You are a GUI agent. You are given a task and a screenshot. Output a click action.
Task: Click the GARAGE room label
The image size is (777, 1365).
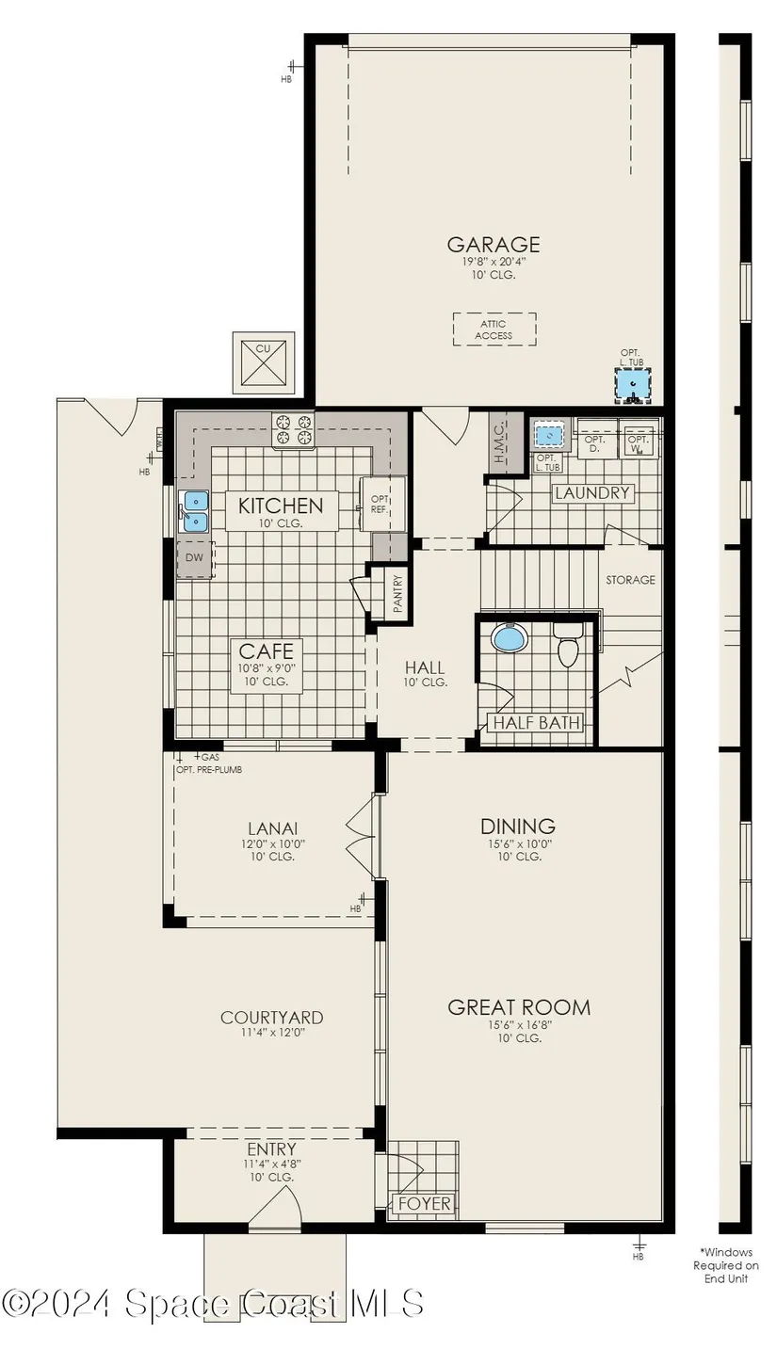pos(494,245)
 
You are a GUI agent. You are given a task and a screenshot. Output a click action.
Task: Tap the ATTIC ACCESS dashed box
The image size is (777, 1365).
pos(494,329)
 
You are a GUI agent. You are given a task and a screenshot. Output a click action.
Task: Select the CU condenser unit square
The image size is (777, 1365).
pos(263,363)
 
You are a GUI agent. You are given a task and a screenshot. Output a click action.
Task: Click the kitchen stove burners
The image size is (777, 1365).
pos(293,429)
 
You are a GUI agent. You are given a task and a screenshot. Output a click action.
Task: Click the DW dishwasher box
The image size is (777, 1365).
pos(195,557)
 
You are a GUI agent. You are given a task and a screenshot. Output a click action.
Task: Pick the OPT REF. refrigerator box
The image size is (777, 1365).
pos(382,504)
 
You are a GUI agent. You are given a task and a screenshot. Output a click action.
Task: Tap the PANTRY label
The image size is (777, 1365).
pos(397,594)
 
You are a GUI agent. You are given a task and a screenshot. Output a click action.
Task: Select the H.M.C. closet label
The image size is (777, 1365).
pos(499,442)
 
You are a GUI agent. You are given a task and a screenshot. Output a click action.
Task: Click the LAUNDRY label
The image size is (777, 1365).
pos(592,492)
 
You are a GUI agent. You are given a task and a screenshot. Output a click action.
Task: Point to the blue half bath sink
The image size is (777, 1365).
pos(510,638)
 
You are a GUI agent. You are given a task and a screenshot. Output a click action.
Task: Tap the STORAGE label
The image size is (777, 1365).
pos(631,580)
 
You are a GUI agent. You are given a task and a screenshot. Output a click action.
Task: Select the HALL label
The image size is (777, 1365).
pos(425,667)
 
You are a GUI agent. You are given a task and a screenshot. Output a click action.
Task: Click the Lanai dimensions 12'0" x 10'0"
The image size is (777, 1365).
pos(272,844)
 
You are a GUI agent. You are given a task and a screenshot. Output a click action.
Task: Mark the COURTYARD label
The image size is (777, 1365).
pos(272,1017)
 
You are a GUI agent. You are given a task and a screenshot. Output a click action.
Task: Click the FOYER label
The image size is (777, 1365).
pos(425,1203)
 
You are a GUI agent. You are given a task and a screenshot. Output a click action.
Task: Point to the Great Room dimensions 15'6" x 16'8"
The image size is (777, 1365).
pos(519,1025)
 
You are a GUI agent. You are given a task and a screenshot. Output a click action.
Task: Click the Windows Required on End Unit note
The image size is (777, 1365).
pos(726,1265)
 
